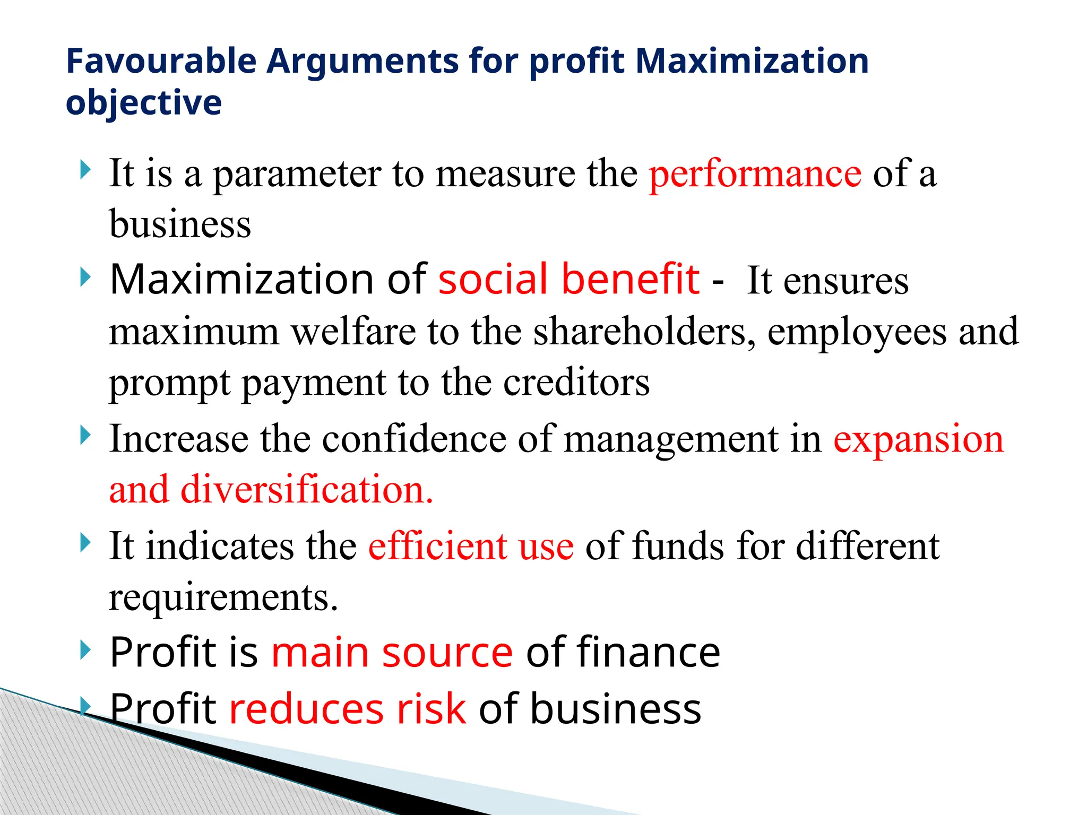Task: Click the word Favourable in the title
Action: pos(161,61)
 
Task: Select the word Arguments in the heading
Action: pos(363,61)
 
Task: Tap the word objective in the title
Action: pos(143,102)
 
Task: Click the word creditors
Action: pos(576,382)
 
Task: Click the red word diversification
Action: pos(306,489)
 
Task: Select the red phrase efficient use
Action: pos(471,546)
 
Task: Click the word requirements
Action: pos(223,597)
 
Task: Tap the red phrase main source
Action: pos(392,652)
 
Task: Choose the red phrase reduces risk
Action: pos(348,708)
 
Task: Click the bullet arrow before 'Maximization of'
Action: pos(85,277)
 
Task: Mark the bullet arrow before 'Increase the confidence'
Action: pos(85,436)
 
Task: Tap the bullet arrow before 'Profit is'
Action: pos(85,649)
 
